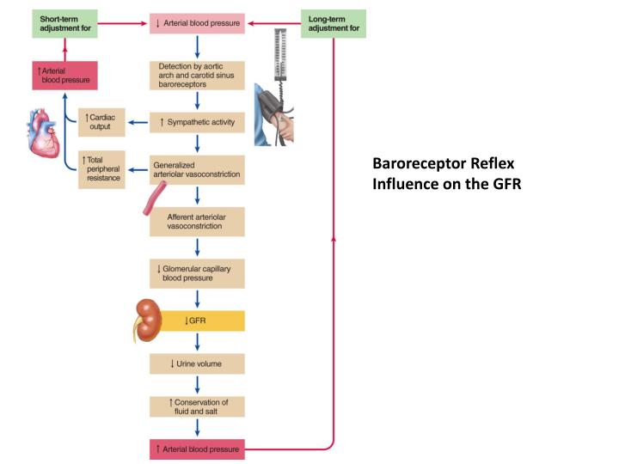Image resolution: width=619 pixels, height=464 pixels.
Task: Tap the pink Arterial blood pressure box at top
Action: (x=199, y=23)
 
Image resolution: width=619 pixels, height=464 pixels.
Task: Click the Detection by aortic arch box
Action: (x=197, y=76)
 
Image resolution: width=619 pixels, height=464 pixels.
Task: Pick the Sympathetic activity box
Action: (x=197, y=123)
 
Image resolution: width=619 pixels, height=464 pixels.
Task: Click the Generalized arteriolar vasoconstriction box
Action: (x=197, y=169)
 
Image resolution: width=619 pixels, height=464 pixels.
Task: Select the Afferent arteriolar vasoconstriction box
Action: (x=197, y=221)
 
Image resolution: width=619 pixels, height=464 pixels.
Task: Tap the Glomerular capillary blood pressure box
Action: (x=197, y=272)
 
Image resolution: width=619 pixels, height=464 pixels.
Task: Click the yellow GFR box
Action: (x=197, y=321)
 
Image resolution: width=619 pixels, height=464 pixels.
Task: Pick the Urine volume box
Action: (x=197, y=363)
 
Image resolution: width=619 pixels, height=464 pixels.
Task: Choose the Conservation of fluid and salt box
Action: (x=197, y=406)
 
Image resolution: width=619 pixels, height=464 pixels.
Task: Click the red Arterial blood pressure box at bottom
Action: (x=197, y=449)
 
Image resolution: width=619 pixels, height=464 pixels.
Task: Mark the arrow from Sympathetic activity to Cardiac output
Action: (x=138, y=123)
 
